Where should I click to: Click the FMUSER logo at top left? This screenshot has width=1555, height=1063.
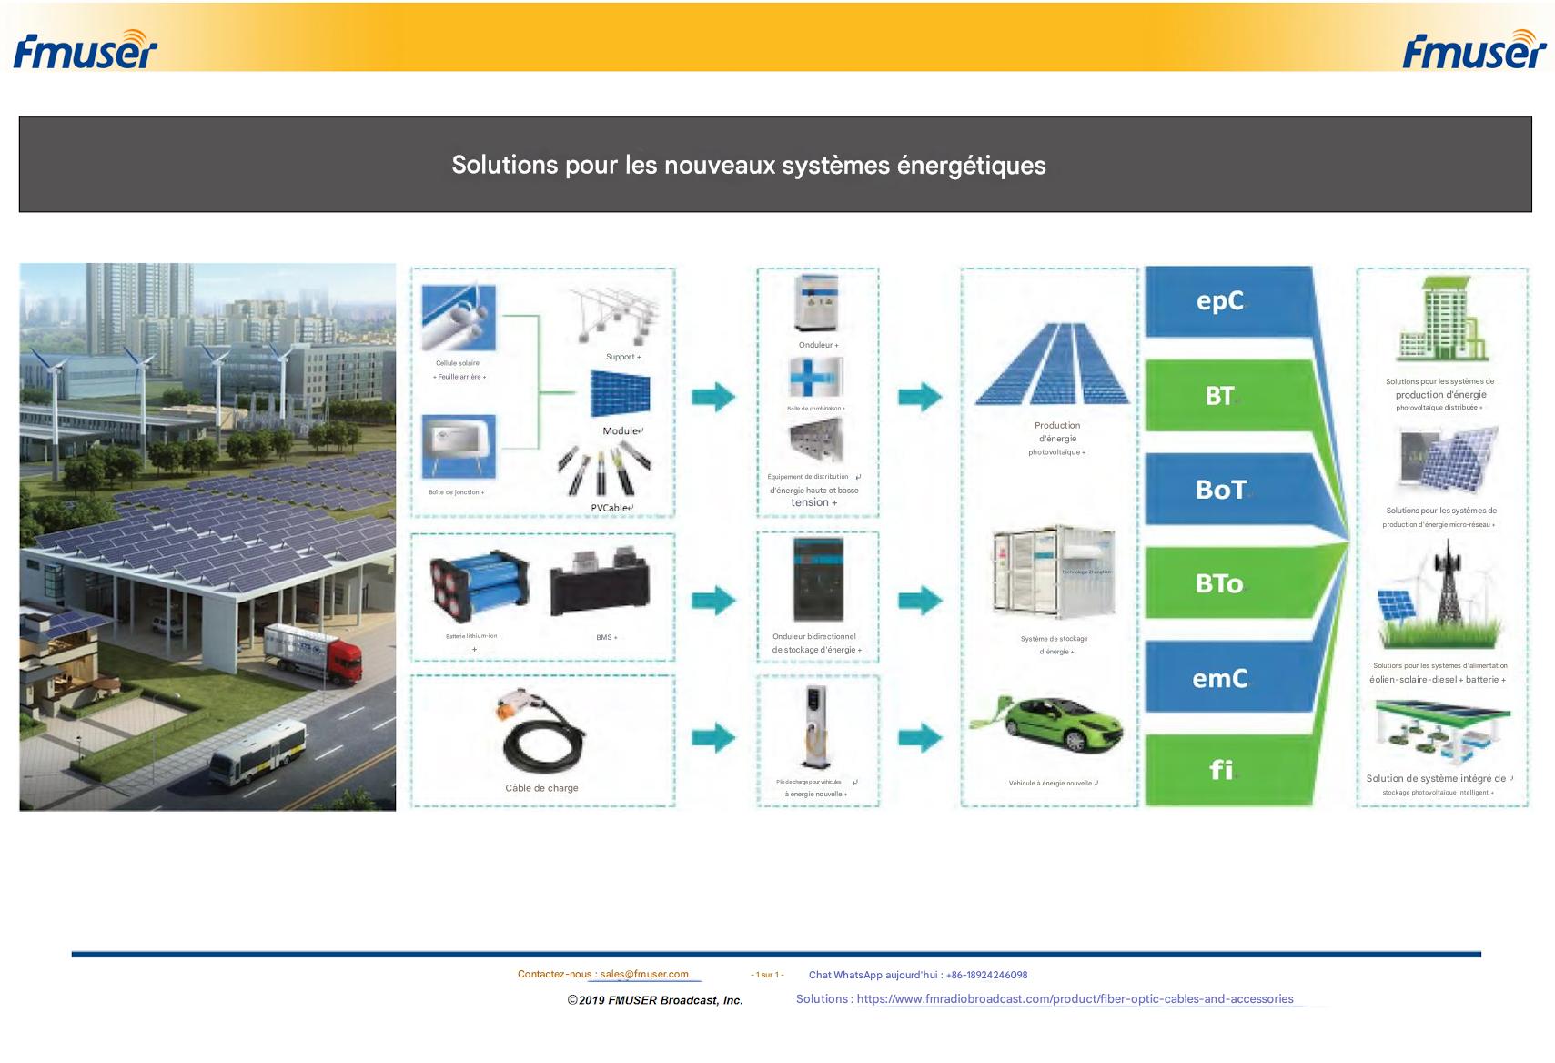click(x=85, y=50)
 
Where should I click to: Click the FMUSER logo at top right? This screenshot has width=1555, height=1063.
click(x=1473, y=50)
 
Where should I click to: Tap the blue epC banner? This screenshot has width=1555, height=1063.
click(x=1219, y=301)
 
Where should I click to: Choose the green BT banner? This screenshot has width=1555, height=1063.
click(x=1219, y=396)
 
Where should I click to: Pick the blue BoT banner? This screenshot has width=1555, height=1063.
click(x=1220, y=490)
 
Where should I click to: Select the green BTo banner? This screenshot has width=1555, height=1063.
click(x=1219, y=583)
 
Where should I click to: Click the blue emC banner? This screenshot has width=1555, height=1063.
click(x=1219, y=678)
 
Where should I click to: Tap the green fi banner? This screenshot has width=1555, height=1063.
click(x=1219, y=770)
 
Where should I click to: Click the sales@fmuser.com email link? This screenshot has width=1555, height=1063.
click(x=644, y=974)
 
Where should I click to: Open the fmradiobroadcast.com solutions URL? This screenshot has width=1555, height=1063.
click(x=1075, y=999)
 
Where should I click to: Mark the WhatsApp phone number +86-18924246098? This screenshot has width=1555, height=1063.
click(x=986, y=975)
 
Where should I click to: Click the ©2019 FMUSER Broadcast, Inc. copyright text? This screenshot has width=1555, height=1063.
click(x=655, y=1000)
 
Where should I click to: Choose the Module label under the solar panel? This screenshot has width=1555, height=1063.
click(x=621, y=430)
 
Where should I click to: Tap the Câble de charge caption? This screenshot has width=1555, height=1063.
click(x=541, y=788)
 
